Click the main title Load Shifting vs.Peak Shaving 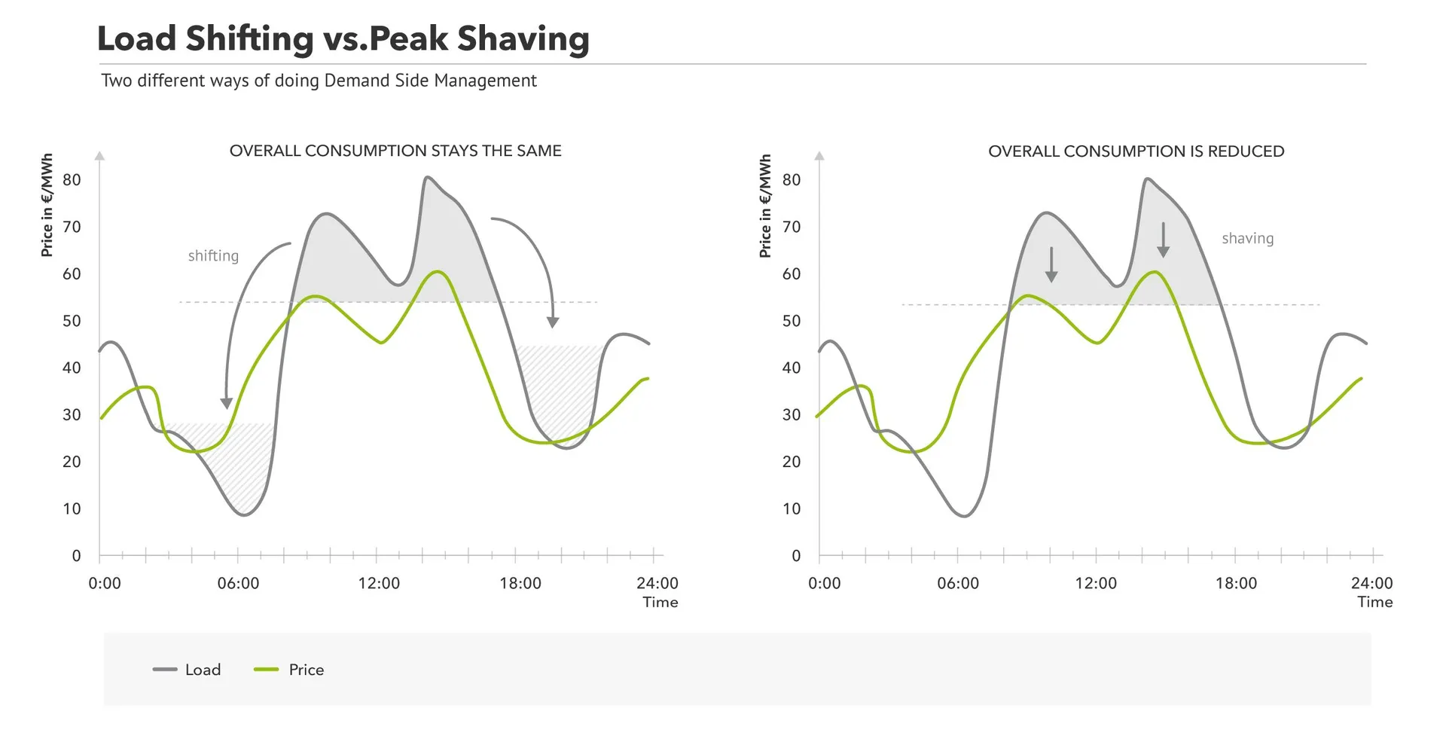click(343, 38)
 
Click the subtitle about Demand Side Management click(319, 81)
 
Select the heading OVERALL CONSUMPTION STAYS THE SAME click(395, 151)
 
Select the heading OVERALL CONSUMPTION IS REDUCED click(1136, 151)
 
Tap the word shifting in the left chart click(213, 256)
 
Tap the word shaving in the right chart click(1247, 239)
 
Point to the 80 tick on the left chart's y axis click(72, 180)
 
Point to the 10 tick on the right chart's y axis click(792, 508)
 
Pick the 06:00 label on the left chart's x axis click(238, 583)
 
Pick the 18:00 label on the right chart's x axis click(1236, 583)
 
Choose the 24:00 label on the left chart click(657, 583)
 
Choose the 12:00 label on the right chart click(1096, 583)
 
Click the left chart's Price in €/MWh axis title click(47, 206)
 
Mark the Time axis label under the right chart click(1374, 602)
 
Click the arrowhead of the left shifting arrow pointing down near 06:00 click(226, 403)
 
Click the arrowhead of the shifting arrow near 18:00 click(553, 322)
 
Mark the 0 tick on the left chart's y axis click(76, 556)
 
